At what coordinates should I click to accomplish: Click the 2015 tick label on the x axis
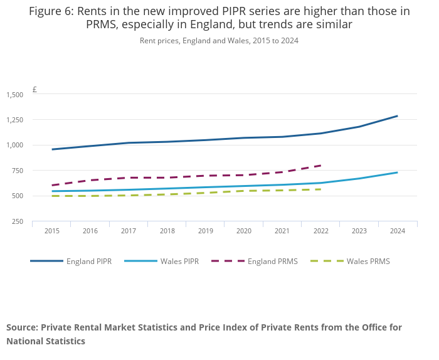52,231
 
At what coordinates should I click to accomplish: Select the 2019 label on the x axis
205,231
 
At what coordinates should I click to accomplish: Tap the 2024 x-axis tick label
398,231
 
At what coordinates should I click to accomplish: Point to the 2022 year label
320,231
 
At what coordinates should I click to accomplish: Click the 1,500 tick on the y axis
14,95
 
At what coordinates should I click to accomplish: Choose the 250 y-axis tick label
18,221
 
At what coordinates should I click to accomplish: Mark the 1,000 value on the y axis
14,146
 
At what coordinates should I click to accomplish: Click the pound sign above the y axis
34,90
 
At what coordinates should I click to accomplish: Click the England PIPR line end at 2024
397,116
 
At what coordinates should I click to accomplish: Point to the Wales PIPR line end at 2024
397,172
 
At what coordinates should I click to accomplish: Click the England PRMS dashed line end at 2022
321,166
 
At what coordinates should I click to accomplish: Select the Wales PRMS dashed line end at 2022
321,189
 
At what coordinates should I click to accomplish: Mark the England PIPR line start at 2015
53,149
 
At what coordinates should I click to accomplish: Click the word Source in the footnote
22,327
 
